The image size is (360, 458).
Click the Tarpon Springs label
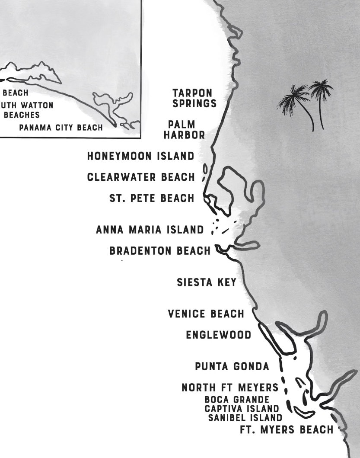tap(192, 98)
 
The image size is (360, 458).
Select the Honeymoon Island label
tap(140, 156)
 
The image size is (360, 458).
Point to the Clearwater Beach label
tap(141, 177)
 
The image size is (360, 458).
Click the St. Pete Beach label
tap(152, 199)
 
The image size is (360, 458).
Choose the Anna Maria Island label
tap(150, 230)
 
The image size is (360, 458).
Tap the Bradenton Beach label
tap(160, 251)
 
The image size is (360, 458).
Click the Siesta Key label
tap(207, 282)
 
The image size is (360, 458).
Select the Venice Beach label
tap(206, 314)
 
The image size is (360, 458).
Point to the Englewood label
tap(218, 335)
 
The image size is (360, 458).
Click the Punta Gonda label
tap(232, 366)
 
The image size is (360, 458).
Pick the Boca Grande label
tap(237, 400)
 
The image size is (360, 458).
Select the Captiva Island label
tap(242, 409)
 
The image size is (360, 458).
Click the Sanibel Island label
tap(245, 418)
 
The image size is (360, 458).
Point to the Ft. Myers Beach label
tap(287, 429)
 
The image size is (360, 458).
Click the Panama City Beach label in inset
tap(61, 128)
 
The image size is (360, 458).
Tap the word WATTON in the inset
tap(36, 105)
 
